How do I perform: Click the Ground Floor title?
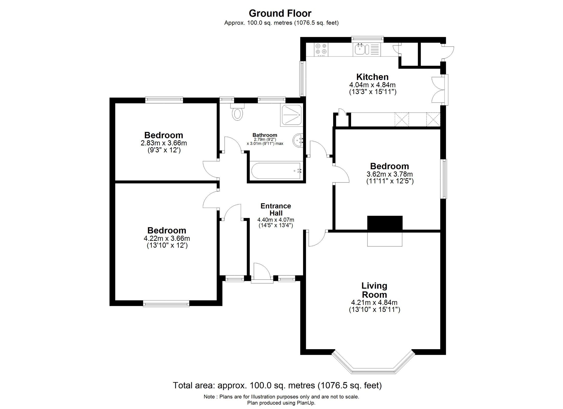point(280,13)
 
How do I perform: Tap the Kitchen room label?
point(372,77)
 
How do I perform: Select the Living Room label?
point(374,290)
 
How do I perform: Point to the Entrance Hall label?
point(276,209)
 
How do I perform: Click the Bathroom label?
point(265,135)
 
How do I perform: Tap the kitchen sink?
point(362,49)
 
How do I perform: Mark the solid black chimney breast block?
point(385,223)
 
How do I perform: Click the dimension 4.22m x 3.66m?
point(167,238)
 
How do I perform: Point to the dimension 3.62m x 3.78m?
point(389,174)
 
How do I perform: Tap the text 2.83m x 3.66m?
point(164,143)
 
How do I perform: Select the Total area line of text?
point(277,385)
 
